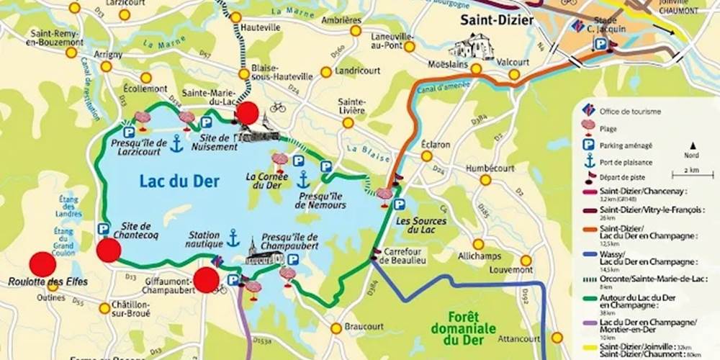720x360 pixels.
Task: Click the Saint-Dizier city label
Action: point(498,20)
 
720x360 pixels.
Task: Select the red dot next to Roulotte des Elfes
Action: point(42,264)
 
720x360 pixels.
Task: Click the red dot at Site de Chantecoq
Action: point(109,250)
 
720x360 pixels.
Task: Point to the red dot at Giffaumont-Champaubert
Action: point(207,280)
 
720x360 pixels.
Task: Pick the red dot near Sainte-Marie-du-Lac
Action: point(247,113)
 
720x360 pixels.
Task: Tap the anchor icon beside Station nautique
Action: point(233,238)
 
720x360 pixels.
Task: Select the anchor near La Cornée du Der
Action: point(303,179)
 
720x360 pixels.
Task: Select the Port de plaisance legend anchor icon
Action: point(590,161)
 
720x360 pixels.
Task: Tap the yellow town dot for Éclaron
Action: point(427,156)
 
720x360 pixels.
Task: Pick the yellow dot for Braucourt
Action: point(336,328)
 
